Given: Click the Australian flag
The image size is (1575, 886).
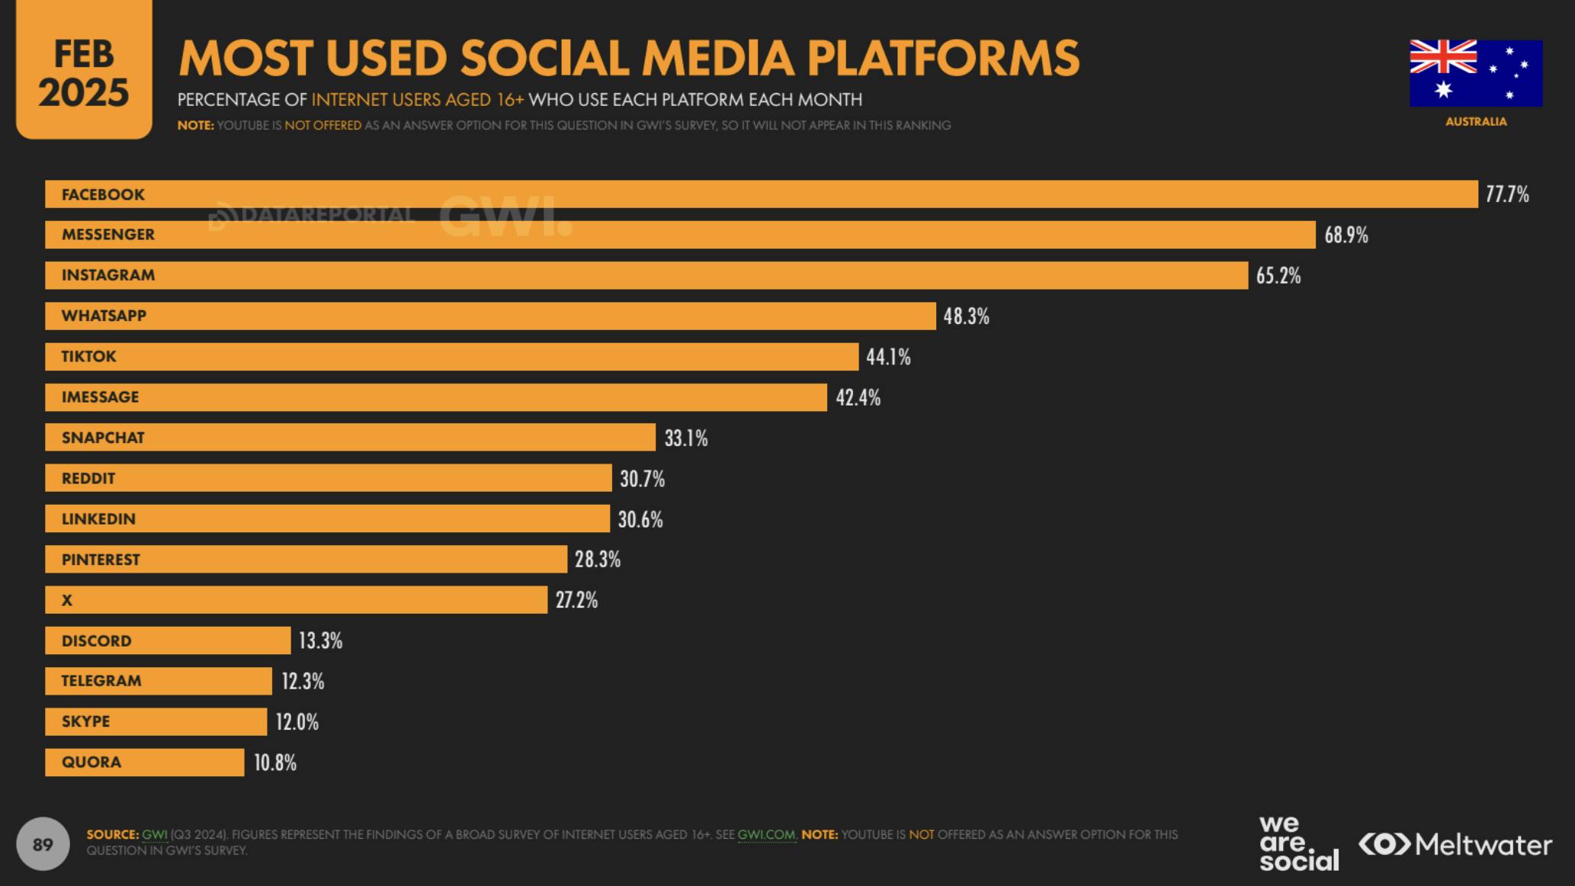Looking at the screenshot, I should tap(1476, 73).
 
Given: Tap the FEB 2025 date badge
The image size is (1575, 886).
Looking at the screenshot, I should tap(84, 73).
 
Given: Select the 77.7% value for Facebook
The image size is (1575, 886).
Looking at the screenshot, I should tap(1507, 194).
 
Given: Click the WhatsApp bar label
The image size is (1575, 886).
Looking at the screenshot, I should tap(104, 316).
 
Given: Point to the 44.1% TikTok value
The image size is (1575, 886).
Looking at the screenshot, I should tap(888, 357).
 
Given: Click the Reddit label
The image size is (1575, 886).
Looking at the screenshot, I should tap(88, 478).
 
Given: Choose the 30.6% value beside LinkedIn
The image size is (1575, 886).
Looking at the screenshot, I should tap(640, 519).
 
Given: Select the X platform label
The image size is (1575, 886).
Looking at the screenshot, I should tap(67, 600).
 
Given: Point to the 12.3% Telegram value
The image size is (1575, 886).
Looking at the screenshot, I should tap(303, 681).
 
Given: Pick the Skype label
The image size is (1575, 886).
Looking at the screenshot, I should tap(85, 721).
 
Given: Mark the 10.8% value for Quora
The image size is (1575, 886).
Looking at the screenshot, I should tap(275, 762).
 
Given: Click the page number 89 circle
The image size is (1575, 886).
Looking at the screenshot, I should tap(43, 844).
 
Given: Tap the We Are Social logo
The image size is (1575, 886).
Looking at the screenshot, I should tap(1298, 843).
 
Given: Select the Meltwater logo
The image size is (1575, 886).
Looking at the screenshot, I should tap(1455, 844).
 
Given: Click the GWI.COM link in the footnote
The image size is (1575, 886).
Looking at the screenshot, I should tap(766, 834).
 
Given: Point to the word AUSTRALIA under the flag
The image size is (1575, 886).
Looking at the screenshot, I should tap(1476, 121).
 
